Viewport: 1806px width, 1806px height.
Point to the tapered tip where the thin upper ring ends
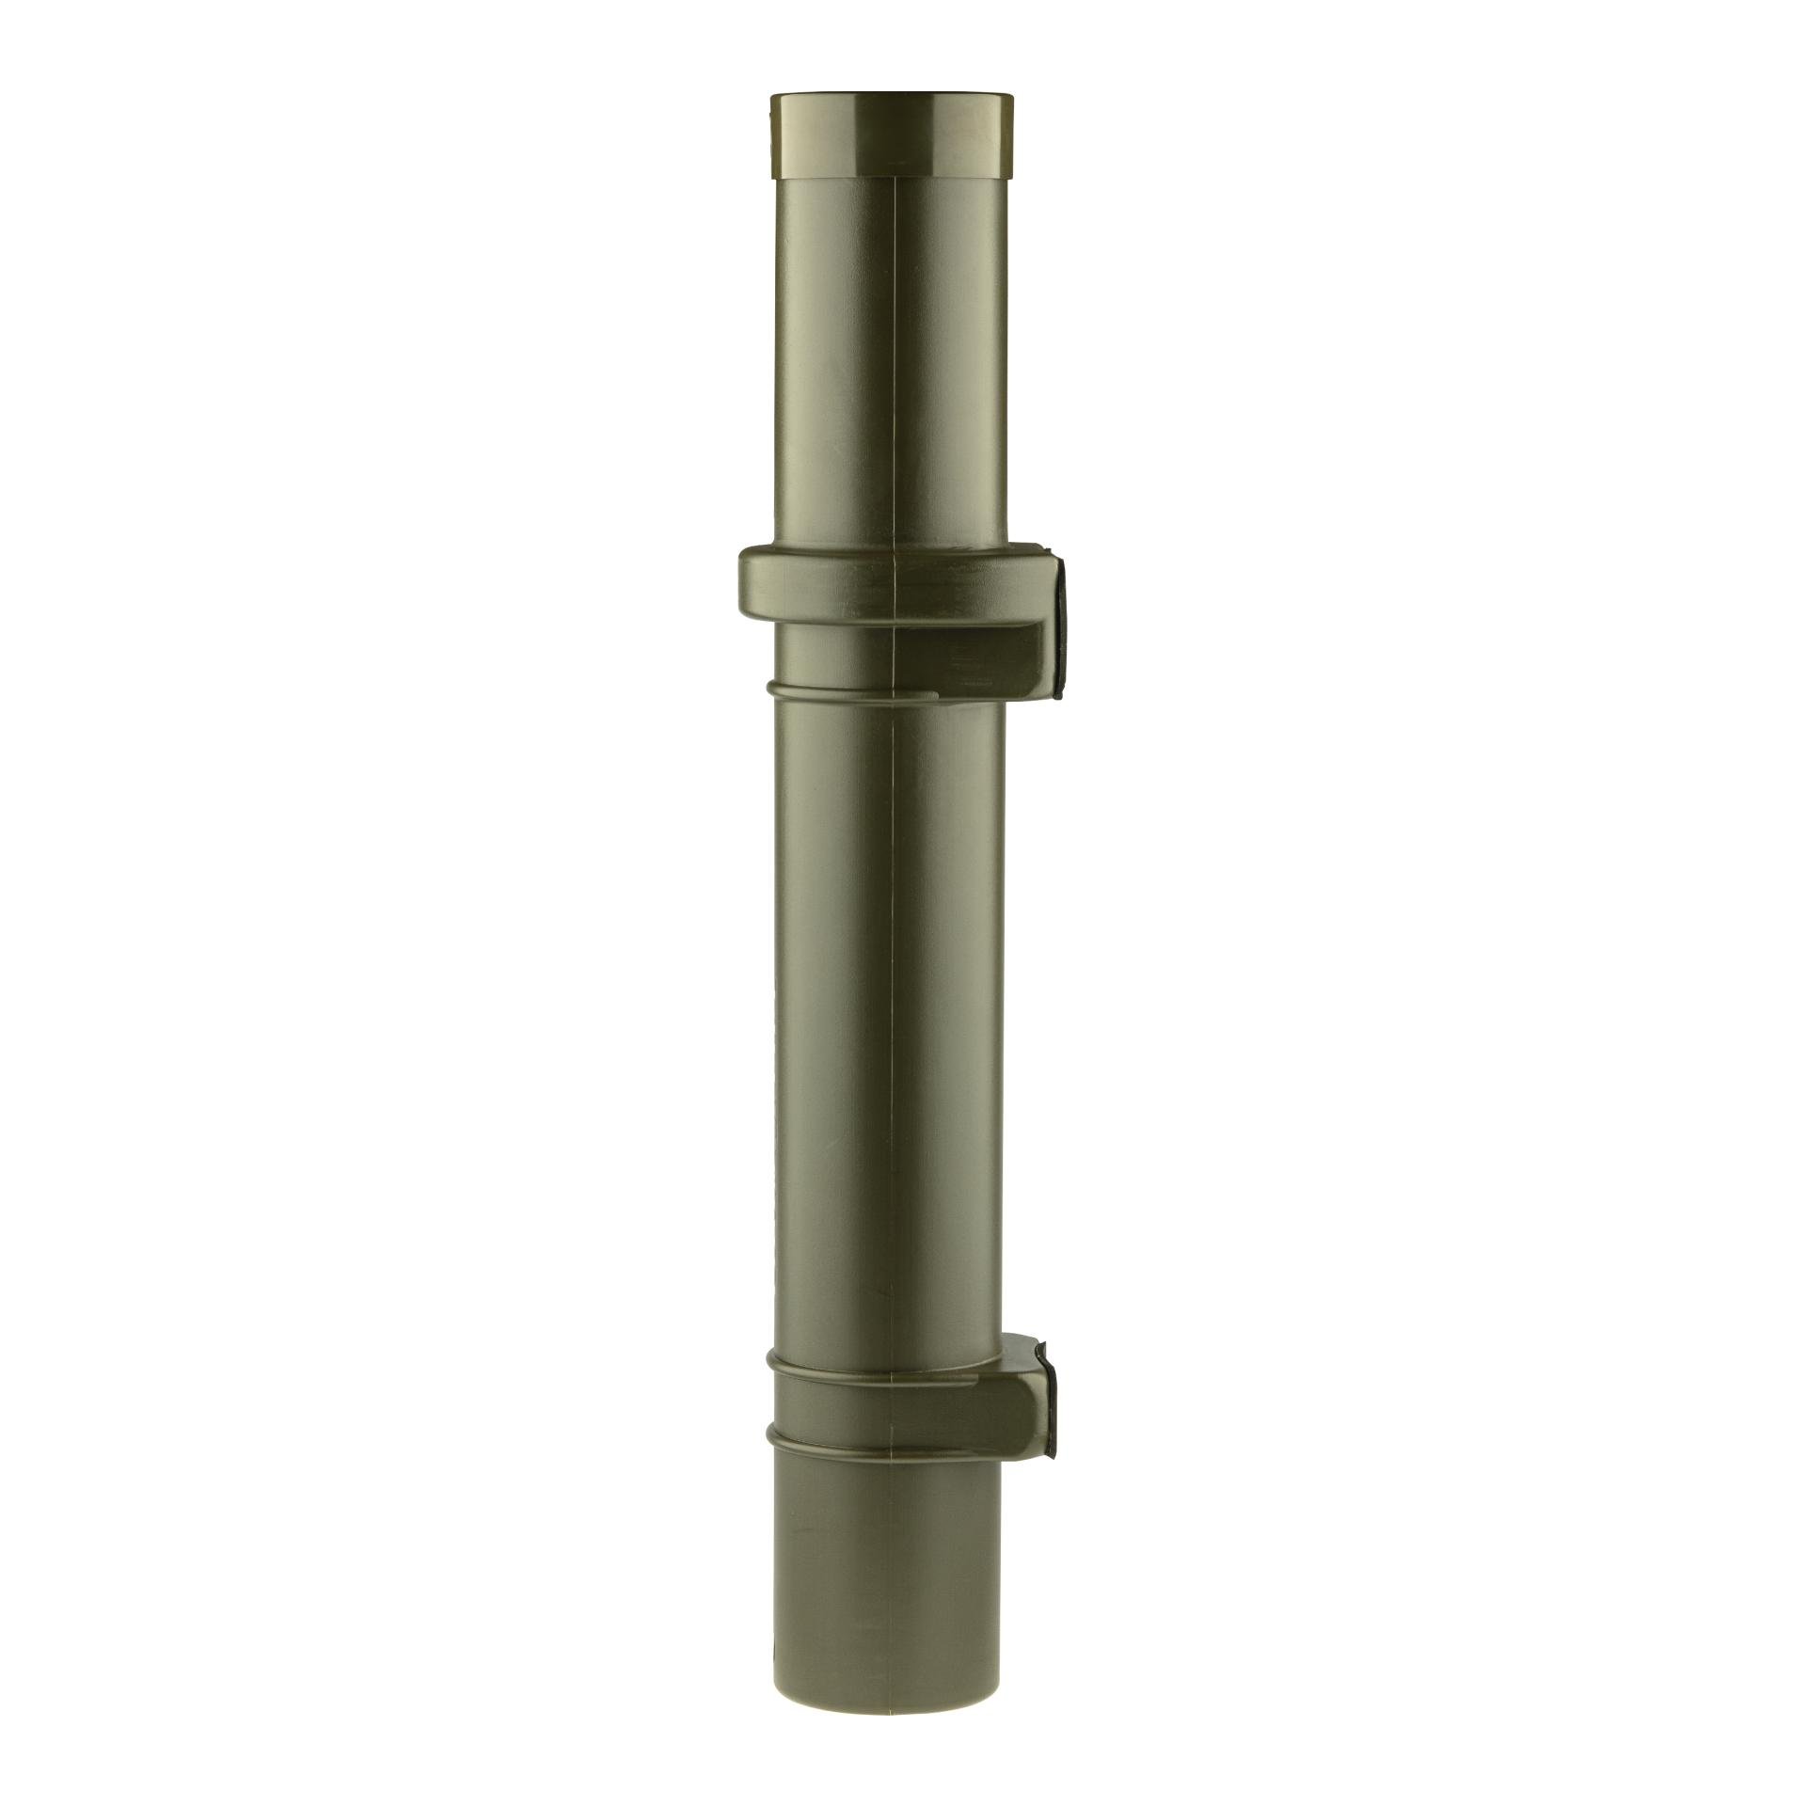[x=938, y=696]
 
